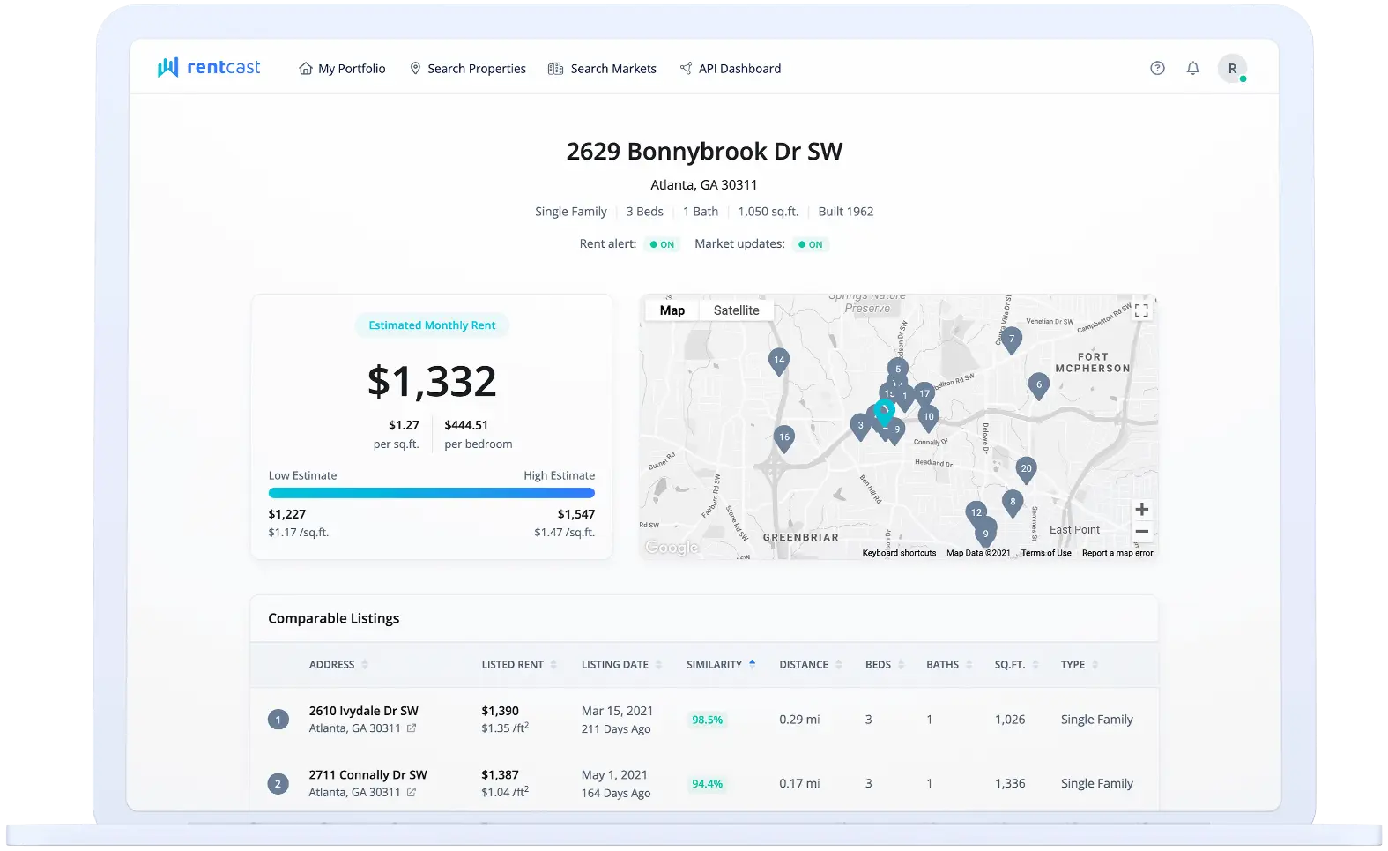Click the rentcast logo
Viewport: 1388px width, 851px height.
[209, 68]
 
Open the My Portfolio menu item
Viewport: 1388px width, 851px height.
[342, 69]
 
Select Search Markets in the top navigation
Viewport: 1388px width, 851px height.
[602, 69]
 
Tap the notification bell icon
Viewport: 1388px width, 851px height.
[1192, 69]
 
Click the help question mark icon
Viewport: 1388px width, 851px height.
[1157, 69]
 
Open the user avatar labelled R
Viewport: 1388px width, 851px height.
[1232, 69]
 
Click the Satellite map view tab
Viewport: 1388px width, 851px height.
[736, 310]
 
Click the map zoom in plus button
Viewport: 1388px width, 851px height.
[1141, 509]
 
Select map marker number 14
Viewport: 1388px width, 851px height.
[778, 361]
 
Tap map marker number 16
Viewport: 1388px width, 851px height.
[783, 437]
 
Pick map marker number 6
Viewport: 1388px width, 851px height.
[1038, 385]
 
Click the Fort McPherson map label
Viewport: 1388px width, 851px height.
[1092, 362]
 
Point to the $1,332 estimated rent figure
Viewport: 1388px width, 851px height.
[432, 381]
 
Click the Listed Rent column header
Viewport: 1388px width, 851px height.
[512, 665]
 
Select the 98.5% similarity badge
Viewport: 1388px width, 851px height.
[707, 720]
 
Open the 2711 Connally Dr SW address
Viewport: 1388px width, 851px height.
[367, 775]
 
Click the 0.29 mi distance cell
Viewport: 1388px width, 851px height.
[799, 720]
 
